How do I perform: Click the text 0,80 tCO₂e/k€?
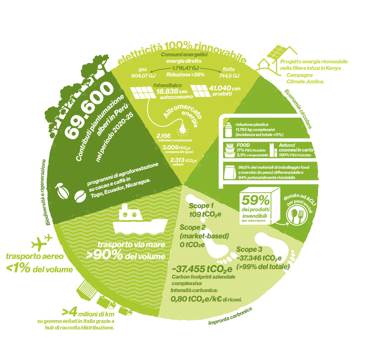click(x=196, y=299)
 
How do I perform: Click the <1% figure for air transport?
click(x=18, y=269)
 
